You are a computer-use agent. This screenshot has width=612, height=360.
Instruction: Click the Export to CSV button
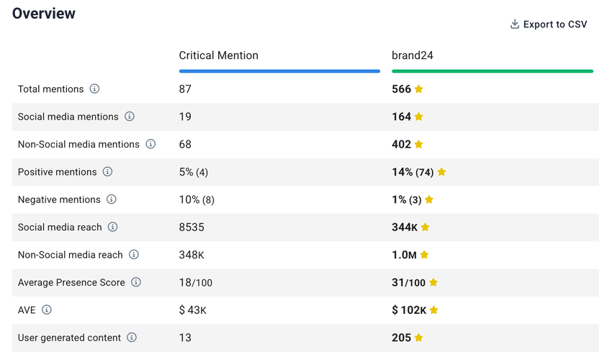[x=549, y=24]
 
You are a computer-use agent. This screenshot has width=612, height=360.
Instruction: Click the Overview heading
[x=44, y=14]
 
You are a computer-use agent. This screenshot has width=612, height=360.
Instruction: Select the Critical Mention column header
[x=218, y=55]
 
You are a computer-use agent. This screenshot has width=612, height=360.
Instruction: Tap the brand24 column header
[x=413, y=55]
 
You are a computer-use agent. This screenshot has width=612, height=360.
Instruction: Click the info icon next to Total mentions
[x=94, y=89]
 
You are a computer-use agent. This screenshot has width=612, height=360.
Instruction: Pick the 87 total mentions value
[x=185, y=89]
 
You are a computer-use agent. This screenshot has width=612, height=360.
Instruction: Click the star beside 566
[x=419, y=89]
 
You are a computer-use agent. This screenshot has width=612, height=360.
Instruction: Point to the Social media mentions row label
[x=68, y=117]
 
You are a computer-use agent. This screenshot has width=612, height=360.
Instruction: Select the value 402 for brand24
[x=401, y=144]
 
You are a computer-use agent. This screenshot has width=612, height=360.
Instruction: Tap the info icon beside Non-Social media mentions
[x=150, y=144]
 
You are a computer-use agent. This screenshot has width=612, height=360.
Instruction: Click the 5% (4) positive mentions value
[x=194, y=172]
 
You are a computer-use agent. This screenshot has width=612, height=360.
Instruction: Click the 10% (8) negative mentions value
[x=197, y=199]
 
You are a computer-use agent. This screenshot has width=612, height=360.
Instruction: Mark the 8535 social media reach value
[x=192, y=228]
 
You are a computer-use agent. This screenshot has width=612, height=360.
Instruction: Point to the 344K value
[x=405, y=228]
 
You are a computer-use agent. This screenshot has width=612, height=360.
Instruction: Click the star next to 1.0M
[x=424, y=255]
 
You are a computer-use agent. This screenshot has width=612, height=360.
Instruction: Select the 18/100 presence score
[x=196, y=283]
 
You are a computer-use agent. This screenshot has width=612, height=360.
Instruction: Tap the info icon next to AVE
[x=47, y=310]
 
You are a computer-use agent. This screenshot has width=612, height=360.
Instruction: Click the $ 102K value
[x=409, y=310]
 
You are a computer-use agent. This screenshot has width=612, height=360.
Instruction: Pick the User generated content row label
[x=69, y=338]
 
